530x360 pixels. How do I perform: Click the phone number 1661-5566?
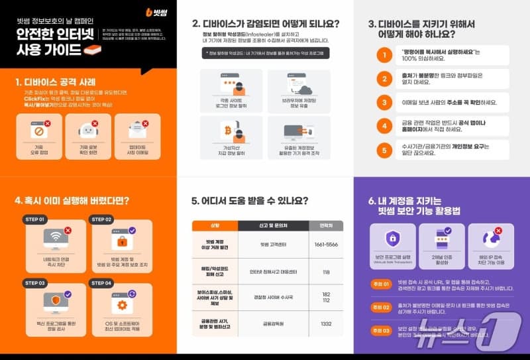(x=326, y=244)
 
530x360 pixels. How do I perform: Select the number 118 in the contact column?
(x=326, y=272)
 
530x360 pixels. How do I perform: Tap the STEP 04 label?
(x=101, y=282)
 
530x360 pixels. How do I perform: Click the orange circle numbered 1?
(x=384, y=55)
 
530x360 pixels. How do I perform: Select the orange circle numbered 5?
(x=384, y=150)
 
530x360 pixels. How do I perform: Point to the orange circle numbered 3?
(x=384, y=102)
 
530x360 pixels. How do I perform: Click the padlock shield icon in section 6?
(x=392, y=237)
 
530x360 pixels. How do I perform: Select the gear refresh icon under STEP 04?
(x=122, y=305)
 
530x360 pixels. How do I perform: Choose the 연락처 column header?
(x=326, y=225)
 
